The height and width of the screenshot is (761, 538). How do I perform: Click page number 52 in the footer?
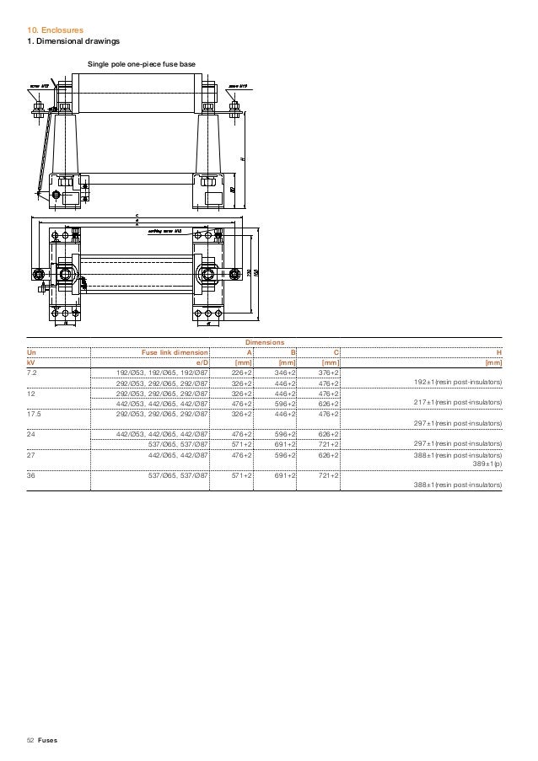(30, 740)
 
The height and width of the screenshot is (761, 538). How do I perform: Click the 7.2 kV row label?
(32, 372)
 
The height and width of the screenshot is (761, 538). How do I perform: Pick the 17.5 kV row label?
(34, 414)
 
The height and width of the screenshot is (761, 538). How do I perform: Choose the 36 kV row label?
(31, 475)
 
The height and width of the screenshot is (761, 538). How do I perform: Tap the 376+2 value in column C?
(327, 372)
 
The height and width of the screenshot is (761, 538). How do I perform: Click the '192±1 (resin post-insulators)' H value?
(458, 382)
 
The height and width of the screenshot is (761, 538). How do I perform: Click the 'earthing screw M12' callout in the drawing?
(166, 230)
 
